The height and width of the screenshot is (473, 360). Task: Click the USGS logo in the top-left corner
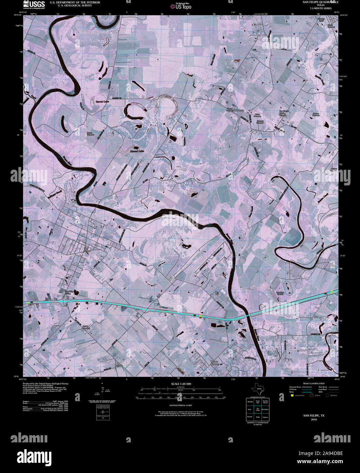pyautogui.click(x=34, y=4)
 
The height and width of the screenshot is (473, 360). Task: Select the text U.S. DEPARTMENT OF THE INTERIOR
pyautogui.click(x=75, y=2)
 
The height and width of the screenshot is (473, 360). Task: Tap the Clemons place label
pyautogui.click(x=240, y=111)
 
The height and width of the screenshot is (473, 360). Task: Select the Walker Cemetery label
pyautogui.click(x=257, y=115)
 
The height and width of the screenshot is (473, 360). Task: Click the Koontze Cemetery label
pyautogui.click(x=316, y=114)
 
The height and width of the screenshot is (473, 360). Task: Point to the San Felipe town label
pyautogui.click(x=87, y=249)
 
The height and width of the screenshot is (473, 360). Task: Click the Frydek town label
pyautogui.click(x=118, y=365)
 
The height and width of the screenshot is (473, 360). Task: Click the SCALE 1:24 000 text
pyautogui.click(x=180, y=384)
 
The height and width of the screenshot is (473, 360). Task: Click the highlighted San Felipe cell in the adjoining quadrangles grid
pyautogui.click(x=258, y=409)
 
